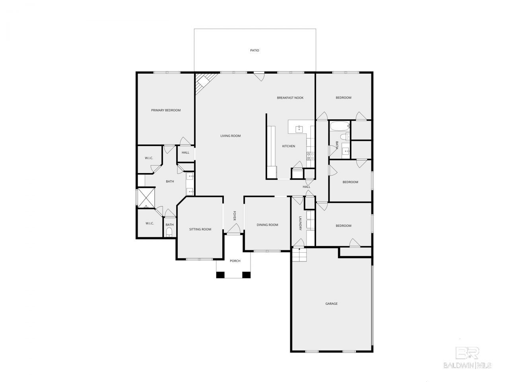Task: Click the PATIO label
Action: coord(254,50)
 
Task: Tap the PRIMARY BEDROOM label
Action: coord(166,110)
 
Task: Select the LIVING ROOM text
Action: coord(230,136)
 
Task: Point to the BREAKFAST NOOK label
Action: coord(290,97)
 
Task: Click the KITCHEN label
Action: coord(288,146)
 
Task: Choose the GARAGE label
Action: coord(331,303)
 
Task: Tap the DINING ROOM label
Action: coord(267,224)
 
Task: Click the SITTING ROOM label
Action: coord(200,229)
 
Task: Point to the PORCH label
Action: coord(235,261)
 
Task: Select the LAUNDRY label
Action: coord(300,223)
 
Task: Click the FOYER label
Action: coord(234,216)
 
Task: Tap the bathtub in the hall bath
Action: coord(340,127)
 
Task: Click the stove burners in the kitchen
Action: coord(311,156)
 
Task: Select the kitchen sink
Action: coord(299,129)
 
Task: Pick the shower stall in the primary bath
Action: coord(146,198)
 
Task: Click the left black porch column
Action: coord(220,275)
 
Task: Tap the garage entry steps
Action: coord(299,254)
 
